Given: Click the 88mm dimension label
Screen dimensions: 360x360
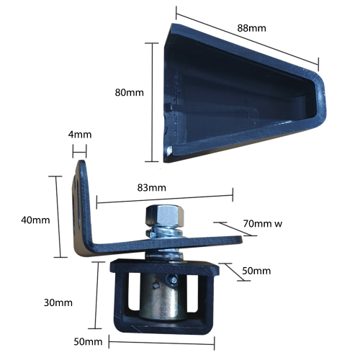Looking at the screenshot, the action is coord(251,28).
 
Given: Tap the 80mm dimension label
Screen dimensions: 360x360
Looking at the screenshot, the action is coord(129,92).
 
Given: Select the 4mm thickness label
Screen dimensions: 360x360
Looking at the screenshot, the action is coord(80,135).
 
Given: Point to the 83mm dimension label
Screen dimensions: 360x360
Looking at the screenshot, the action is coord(151,187).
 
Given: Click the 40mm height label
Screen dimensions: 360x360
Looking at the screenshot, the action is coord(35,220).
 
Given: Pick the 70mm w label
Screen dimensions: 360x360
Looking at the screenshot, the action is coord(263,223).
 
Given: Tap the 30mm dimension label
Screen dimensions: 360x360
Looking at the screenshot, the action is coord(58,302).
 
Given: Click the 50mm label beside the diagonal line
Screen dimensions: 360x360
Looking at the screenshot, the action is coord(256,271).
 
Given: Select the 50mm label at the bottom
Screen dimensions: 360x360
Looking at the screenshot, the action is coord(88,341).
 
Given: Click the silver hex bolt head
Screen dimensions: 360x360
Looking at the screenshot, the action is coord(165,215).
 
